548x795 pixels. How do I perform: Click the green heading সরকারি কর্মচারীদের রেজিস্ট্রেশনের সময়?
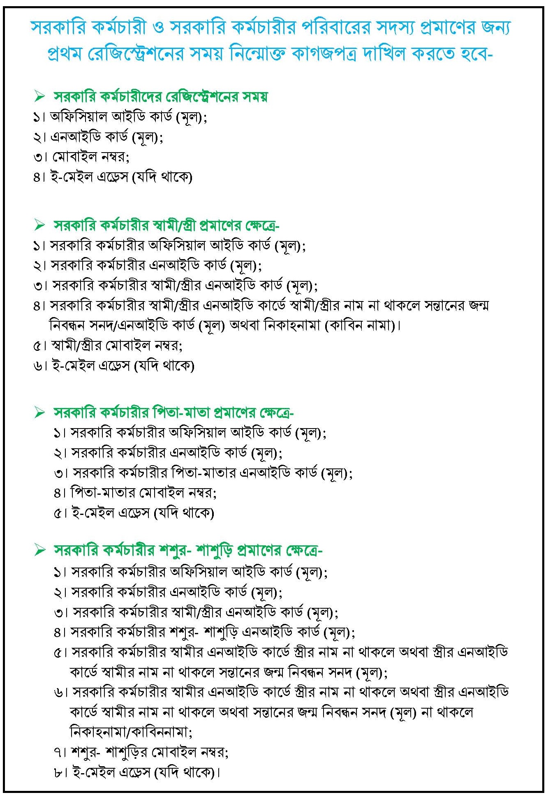(160, 97)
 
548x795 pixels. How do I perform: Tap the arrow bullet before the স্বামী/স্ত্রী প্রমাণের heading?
(40, 225)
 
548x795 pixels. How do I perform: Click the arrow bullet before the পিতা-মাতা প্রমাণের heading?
(40, 413)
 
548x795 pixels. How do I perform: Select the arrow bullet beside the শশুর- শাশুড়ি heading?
(40, 550)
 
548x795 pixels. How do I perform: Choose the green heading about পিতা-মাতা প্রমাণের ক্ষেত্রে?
(173, 413)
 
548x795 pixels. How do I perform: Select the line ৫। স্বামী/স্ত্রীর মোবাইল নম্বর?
(108, 345)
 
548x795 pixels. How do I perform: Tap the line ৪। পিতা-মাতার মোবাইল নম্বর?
(135, 492)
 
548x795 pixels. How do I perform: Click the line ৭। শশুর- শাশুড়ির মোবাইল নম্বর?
(141, 752)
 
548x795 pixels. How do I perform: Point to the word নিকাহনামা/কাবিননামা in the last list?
(131, 732)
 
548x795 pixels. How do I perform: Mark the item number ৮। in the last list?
(60, 772)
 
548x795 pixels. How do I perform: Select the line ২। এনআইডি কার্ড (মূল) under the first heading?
(98, 137)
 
